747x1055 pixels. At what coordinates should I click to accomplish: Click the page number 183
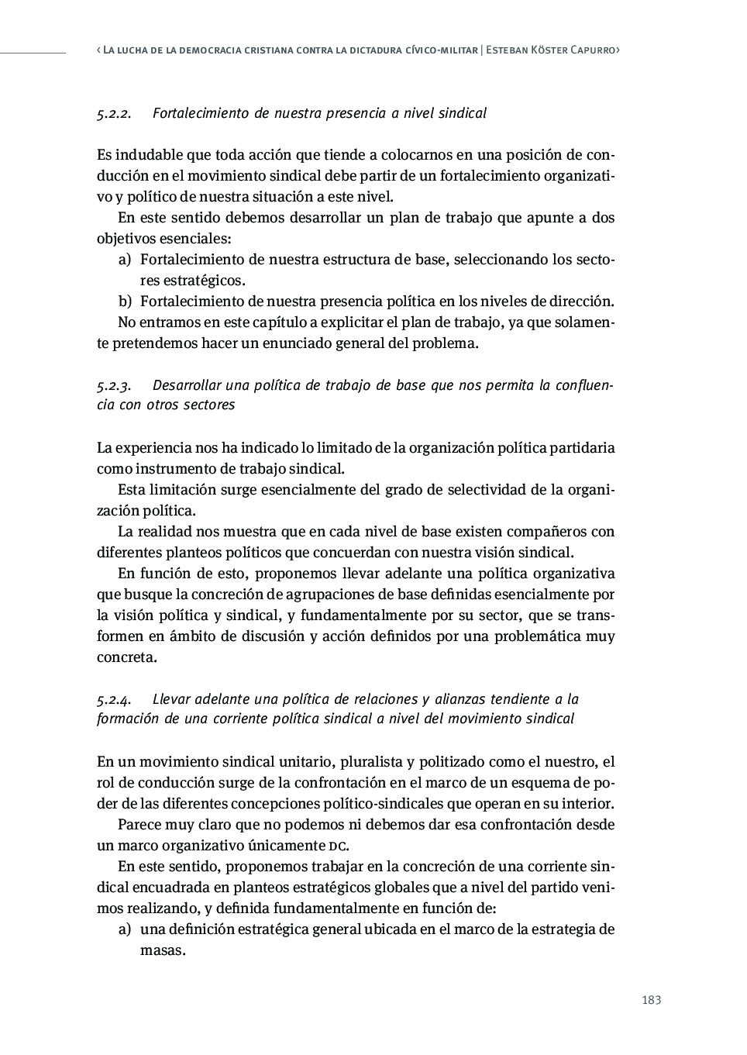coord(651,1000)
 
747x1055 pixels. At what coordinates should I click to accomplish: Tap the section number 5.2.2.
coord(113,113)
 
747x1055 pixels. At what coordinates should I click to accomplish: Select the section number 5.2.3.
coord(113,385)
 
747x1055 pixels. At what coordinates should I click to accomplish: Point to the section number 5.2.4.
coord(113,699)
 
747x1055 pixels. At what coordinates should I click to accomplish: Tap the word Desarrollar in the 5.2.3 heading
coord(187,385)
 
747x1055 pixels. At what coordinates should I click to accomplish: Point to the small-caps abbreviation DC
coord(337,846)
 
